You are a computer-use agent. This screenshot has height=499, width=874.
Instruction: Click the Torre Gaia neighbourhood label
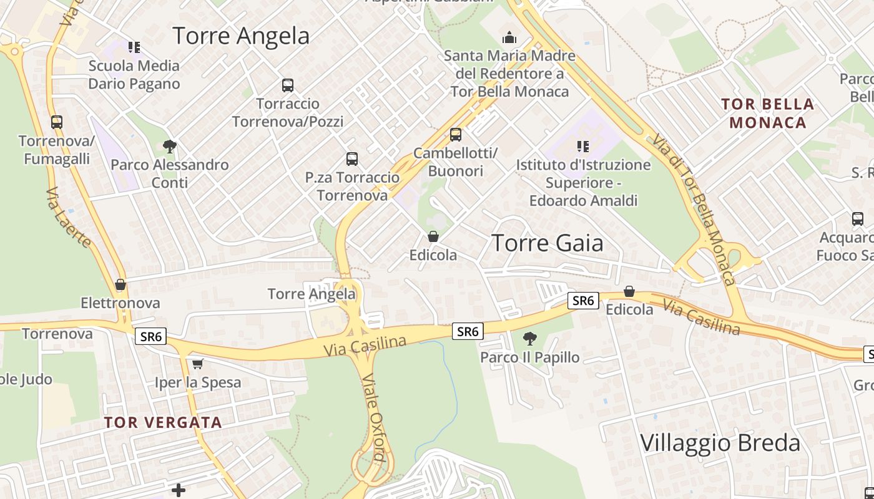pos(547,243)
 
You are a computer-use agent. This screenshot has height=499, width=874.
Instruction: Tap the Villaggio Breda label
pos(720,443)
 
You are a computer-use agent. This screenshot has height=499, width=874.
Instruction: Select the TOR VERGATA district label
pos(163,422)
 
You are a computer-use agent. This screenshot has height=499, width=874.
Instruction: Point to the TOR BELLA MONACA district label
pos(768,113)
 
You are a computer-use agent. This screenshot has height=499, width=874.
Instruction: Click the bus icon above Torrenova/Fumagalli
pos(57,122)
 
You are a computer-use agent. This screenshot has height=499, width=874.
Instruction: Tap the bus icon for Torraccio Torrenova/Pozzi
pos(287,85)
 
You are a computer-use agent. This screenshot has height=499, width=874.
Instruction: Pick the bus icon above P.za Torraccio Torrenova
pos(352,159)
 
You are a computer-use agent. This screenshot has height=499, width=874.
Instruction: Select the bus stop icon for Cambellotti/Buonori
pos(456,135)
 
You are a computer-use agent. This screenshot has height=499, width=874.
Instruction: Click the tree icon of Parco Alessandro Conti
pos(169,147)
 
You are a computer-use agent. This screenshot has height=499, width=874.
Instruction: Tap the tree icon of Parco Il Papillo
pos(529,339)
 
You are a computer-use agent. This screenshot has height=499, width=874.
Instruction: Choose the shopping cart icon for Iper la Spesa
pos(198,364)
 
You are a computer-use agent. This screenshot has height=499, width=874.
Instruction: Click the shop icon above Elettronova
pos(120,285)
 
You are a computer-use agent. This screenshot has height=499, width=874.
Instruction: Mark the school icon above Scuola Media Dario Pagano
pos(134,47)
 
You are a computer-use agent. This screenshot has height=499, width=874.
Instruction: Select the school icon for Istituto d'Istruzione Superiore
pos(583,147)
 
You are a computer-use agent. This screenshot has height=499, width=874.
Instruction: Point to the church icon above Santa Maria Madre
pos(509,37)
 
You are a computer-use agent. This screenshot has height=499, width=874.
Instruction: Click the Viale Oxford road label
pos(373,417)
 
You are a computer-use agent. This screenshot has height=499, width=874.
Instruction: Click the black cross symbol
pos(179,490)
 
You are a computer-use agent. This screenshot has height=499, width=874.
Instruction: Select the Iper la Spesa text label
pos(198,382)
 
